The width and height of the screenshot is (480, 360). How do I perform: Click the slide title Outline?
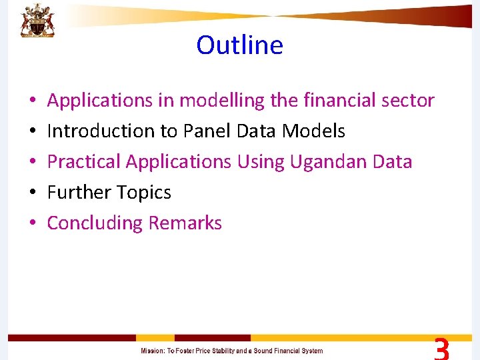point(239,45)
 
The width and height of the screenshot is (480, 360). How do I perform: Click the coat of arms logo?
point(37,20)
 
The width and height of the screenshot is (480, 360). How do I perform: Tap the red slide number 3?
point(441,349)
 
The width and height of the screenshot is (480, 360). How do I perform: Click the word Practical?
point(84,162)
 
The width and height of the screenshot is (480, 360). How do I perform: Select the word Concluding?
point(95,223)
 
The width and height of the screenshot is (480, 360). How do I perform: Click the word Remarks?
point(185,223)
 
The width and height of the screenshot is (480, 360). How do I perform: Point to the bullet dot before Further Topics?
point(33,193)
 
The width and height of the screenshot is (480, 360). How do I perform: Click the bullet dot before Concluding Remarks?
point(33,224)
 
